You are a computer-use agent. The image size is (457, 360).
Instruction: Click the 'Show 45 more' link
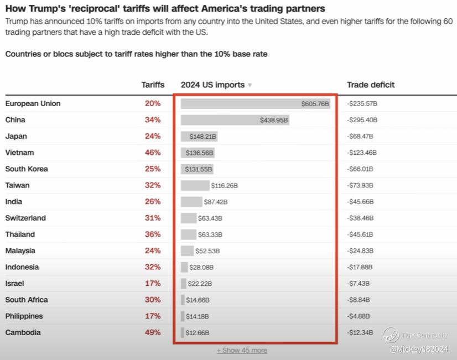pos(242,350)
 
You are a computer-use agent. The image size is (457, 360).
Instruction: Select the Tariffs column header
pos(153,85)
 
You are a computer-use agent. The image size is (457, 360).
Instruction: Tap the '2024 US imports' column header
pos(212,85)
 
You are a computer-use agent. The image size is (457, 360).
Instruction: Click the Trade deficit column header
pos(371,85)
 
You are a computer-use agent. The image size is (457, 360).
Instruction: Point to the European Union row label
pos(33,103)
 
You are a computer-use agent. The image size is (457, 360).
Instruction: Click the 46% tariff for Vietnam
pos(153,153)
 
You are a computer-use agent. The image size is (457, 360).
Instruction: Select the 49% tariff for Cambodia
pos(153,332)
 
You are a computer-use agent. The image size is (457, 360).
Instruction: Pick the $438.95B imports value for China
pos(274,120)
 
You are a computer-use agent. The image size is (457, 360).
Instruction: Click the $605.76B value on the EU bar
pos(315,104)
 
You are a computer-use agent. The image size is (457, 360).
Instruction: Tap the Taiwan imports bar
pos(195,185)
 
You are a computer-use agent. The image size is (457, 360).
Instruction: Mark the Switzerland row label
pos(25,218)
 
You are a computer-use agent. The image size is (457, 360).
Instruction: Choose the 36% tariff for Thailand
pos(153,234)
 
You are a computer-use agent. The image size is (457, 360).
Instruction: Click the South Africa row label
pos(27,300)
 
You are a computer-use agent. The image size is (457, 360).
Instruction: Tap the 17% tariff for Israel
pos(153,283)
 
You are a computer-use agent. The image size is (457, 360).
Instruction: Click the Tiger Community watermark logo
pos(391,335)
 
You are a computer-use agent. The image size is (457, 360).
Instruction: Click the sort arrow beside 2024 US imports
pos(250,85)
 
